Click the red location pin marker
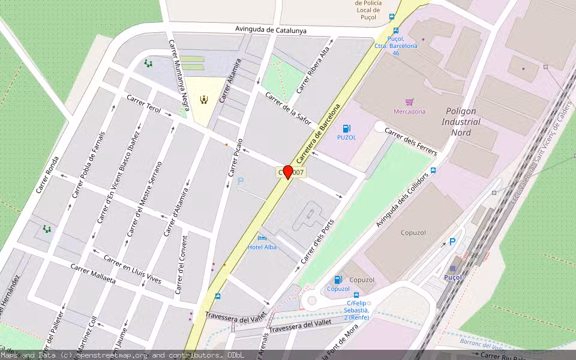pos(288,172)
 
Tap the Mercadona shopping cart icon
pos(410,103)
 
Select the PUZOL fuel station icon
pos(346,128)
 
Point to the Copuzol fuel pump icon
pos(338,280)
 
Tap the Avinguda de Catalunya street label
pos(271,30)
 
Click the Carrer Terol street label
pos(144,104)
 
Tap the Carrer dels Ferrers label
pos(410,142)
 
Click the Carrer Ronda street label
pos(47,175)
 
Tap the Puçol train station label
pos(452,277)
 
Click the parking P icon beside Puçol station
pos(452,242)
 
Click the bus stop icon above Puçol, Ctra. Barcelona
pos(396,31)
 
